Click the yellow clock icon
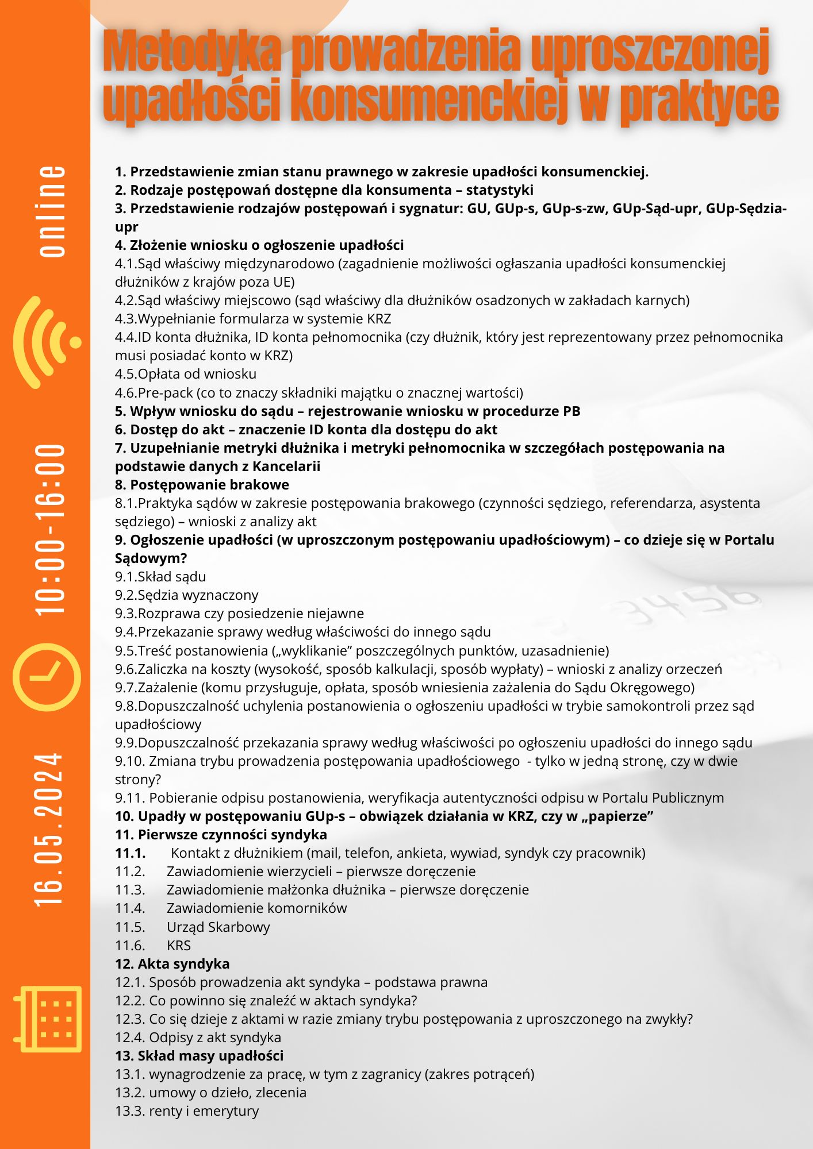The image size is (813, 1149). (48, 676)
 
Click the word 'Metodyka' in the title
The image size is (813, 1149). (193, 53)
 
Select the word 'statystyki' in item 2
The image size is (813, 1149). (499, 190)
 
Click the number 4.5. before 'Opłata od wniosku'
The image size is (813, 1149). (126, 374)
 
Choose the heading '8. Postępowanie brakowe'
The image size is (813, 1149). (202, 485)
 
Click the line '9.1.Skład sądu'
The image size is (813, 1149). (160, 577)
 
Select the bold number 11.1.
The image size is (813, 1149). (130, 853)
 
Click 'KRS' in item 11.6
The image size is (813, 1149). (178, 946)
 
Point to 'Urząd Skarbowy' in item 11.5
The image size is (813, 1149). (218, 927)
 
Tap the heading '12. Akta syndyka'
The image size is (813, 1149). (172, 964)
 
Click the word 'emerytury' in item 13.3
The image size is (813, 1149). (228, 1111)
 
